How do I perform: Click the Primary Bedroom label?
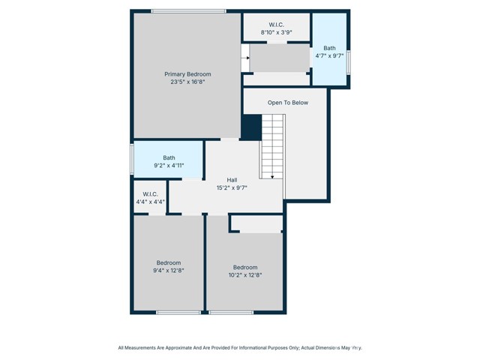pos(187,74)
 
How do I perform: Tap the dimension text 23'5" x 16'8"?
pos(187,82)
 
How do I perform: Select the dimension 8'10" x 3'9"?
pos(276,32)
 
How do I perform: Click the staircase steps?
pos(271,145)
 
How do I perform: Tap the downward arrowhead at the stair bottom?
pos(272,177)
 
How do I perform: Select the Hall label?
pos(232,180)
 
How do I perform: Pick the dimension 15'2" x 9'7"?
pos(232,187)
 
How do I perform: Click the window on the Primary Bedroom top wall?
pos(188,10)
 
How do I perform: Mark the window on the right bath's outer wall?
pos(349,61)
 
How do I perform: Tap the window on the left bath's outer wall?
pos(133,159)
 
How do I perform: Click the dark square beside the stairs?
pos(251,127)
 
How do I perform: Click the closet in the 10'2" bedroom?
pos(256,223)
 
